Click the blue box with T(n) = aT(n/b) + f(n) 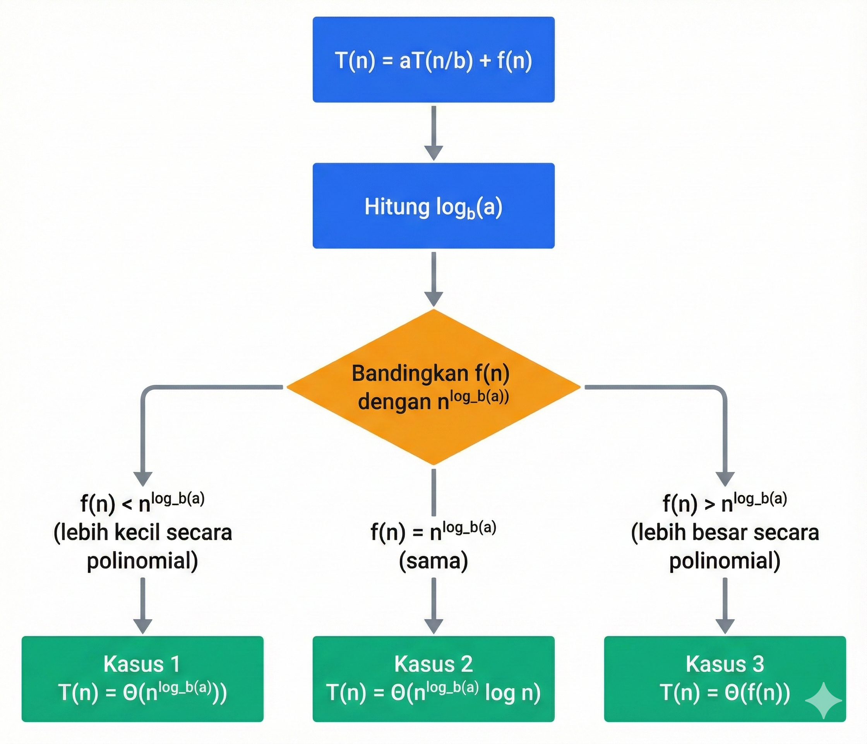[x=433, y=60]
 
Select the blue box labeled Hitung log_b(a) [x=433, y=206]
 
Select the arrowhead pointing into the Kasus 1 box [x=143, y=625]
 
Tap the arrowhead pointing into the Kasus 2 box [x=433, y=625]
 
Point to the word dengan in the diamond [x=394, y=402]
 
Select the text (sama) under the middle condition [x=433, y=561]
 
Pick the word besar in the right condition [x=720, y=533]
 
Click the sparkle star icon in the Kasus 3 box [x=823, y=701]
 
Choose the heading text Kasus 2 [x=433, y=664]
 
